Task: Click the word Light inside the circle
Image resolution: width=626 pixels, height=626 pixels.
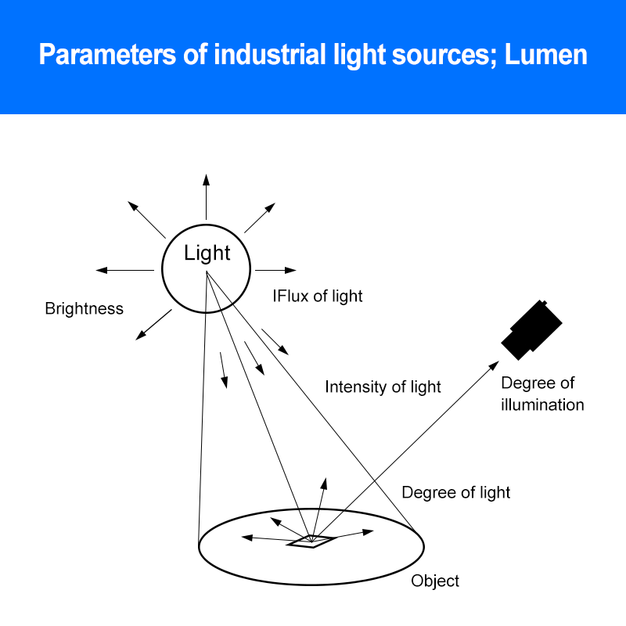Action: (x=207, y=253)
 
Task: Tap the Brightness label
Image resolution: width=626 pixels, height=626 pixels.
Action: (x=84, y=308)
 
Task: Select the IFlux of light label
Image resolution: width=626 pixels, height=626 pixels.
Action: (x=317, y=296)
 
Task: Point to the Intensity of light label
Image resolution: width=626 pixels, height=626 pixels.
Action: (x=383, y=387)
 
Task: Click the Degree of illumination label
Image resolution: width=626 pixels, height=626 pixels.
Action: (x=542, y=394)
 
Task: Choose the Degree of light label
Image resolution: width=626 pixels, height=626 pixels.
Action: (x=455, y=492)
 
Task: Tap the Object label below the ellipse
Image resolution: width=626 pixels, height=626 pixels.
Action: (x=435, y=581)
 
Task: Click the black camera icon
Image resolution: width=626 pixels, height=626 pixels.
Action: (x=532, y=328)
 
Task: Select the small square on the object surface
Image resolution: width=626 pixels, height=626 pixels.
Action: (x=311, y=541)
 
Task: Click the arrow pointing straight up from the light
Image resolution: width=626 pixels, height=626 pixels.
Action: (x=207, y=196)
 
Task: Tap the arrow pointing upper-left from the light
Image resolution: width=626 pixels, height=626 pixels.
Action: (x=147, y=219)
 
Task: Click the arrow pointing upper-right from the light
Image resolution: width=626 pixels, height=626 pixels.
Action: (x=260, y=217)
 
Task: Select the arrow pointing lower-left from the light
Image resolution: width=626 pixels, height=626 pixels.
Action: (x=153, y=325)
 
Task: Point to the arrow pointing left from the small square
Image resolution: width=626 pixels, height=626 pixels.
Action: (x=266, y=538)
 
